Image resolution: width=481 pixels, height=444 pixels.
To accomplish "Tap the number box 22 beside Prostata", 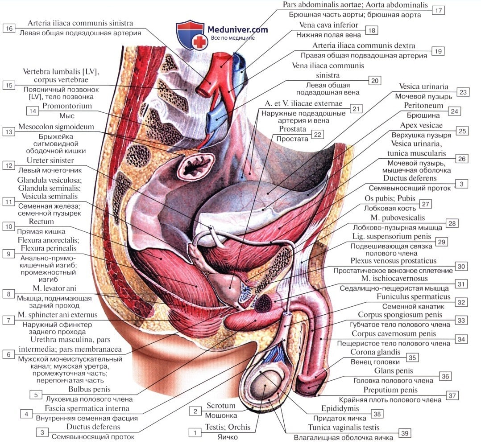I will tap(317, 134).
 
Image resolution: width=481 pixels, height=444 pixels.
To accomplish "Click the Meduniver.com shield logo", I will tap(190, 35).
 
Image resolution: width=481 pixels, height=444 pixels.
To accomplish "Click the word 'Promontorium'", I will tap(67, 106).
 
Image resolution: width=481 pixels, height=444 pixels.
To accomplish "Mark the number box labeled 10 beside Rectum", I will tap(8, 226).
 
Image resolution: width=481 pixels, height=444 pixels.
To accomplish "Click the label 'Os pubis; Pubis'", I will tap(391, 198).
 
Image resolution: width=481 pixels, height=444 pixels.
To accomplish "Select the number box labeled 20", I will tap(375, 81).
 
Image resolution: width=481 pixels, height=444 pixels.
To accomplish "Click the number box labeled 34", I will tap(461, 339).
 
